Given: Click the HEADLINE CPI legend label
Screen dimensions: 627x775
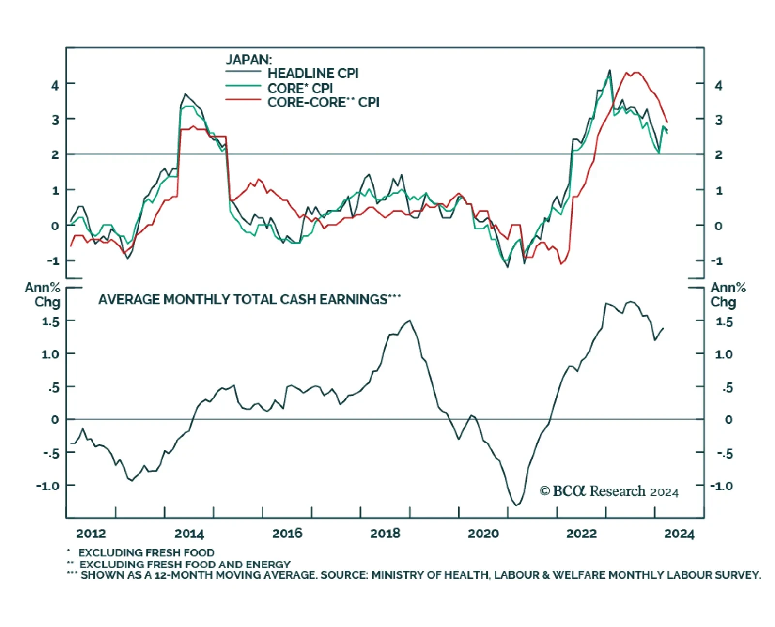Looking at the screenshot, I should tap(313, 74).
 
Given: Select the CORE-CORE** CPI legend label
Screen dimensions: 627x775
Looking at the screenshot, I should tap(323, 102).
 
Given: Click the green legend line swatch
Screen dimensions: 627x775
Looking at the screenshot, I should tap(243, 86).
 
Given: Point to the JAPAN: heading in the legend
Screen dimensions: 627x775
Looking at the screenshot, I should tap(249, 60).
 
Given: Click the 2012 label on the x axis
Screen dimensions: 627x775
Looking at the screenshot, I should tap(91, 534).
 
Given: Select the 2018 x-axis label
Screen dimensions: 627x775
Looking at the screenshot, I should tap(385, 534).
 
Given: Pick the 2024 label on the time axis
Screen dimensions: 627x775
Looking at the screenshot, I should tap(679, 534).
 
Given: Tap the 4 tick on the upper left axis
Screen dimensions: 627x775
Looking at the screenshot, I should tap(55, 85).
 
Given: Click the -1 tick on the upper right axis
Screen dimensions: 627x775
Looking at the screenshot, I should tap(716, 261).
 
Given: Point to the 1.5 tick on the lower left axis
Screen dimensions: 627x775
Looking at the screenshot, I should tap(50, 321).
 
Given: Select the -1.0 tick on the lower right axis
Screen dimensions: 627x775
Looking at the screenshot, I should tap(721, 486).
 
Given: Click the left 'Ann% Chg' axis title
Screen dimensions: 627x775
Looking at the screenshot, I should tap(44, 294).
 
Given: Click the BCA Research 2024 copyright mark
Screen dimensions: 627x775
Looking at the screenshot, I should tap(609, 491).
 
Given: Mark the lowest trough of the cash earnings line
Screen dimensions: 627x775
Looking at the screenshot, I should tap(516, 505).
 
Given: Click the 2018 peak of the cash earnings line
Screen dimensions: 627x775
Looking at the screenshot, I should tap(410, 320).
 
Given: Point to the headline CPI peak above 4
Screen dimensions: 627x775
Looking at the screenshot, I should tap(609, 71).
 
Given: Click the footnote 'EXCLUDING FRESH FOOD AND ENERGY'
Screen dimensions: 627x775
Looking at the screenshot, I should tap(184, 564).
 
